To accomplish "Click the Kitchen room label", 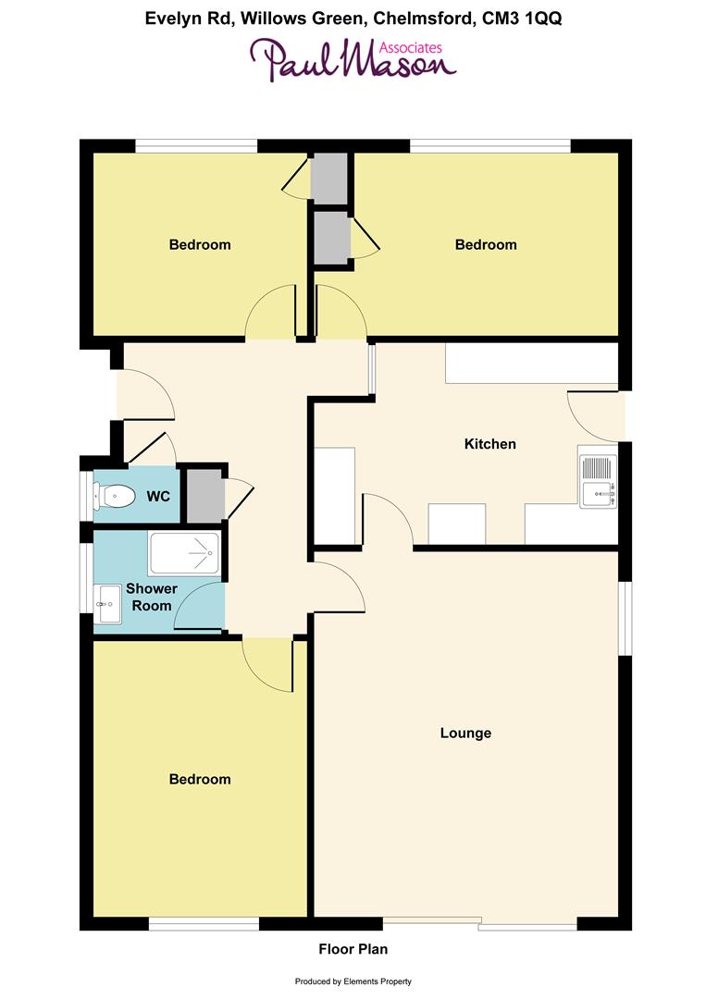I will pos(489,444).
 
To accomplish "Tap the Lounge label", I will pos(465,734).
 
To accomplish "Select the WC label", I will pos(158,497).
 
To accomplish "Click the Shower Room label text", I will pos(152,597).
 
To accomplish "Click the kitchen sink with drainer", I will pos(598,482).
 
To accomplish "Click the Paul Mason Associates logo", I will pos(353,60).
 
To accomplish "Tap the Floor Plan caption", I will pos(353,949).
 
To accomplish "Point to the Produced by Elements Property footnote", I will pos(353,981).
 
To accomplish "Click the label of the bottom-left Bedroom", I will pos(200,780).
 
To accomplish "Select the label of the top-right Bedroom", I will pos(486,245).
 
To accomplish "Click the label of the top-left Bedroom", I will pos(200,245).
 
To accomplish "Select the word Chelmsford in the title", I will pos(416,18).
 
